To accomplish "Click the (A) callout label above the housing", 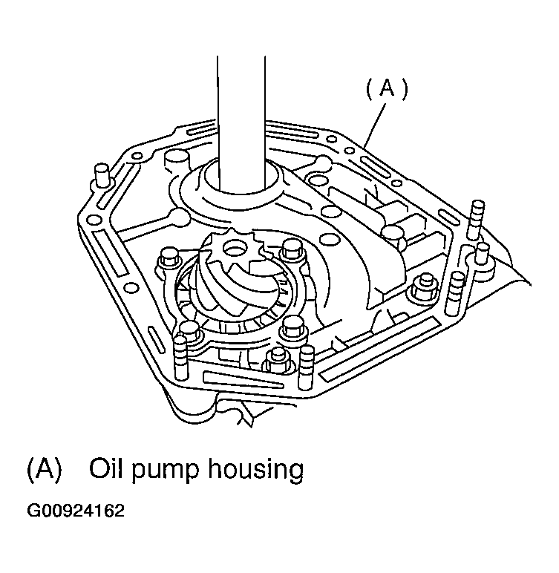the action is tap(387, 89).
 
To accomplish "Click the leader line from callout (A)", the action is tap(376, 125).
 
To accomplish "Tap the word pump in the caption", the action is tap(165, 471).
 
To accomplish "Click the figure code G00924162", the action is tap(76, 511).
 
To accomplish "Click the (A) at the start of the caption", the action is tap(45, 470).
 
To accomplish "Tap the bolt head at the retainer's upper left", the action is tap(169, 258).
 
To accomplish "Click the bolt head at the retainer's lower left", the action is tap(189, 331).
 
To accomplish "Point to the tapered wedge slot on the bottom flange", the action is tap(243, 380).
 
